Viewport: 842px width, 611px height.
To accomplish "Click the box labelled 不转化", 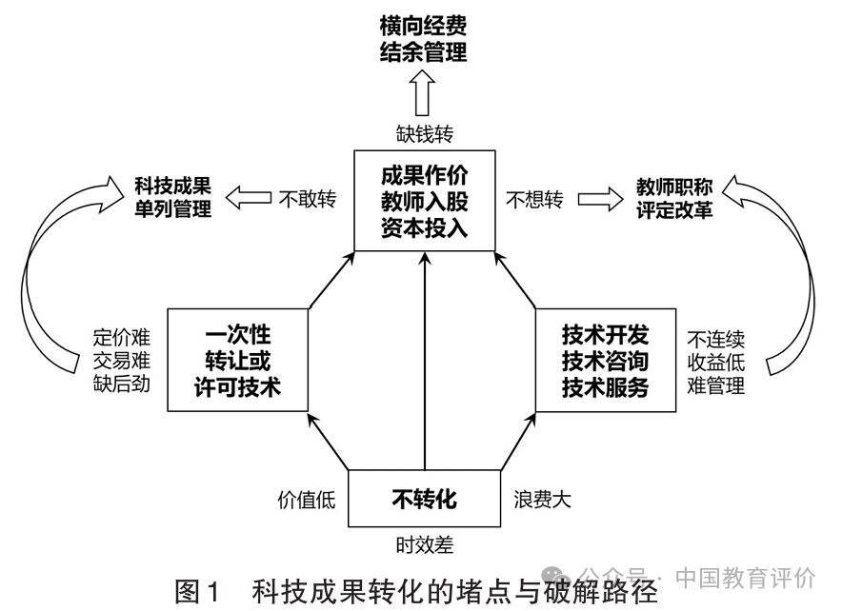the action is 424,499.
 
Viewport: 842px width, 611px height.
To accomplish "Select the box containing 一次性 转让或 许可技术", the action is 237,360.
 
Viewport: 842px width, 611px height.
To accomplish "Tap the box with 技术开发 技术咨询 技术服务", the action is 605,360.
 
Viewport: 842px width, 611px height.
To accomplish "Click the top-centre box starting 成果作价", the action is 424,201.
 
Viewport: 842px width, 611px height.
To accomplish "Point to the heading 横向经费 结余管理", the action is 423,39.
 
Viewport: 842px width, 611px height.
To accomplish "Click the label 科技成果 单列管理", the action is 173,197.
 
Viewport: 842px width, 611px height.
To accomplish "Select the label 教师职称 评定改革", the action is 674,198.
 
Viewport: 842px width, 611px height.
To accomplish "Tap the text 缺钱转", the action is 424,133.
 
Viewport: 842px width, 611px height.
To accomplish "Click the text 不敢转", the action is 307,199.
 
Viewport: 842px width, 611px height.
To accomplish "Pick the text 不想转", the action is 534,200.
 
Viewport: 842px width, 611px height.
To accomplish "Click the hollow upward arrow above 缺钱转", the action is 422,93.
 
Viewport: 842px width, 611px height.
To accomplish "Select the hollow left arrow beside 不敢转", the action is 248,198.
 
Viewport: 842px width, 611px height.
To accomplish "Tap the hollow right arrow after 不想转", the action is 600,199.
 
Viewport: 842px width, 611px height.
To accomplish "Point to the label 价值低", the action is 306,500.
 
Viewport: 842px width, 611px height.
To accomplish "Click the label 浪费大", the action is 542,500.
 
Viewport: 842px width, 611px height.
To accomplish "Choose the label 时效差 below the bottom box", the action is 424,544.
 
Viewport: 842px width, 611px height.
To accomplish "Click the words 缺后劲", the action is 121,384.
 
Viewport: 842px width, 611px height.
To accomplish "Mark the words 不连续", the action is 716,340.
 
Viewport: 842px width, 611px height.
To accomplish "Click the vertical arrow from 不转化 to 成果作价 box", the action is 425,361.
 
